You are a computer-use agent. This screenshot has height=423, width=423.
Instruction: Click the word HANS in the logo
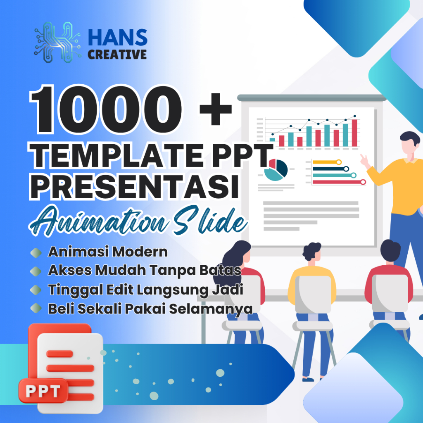(117, 38)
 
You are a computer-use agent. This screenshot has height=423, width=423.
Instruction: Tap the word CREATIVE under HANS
(117, 54)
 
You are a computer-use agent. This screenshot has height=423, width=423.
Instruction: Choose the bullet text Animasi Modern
(108, 252)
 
